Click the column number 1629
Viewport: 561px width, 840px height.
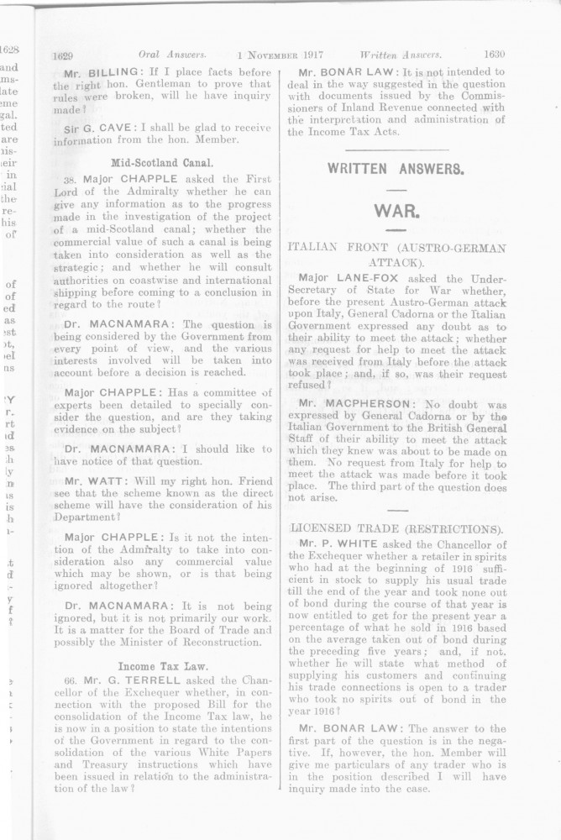coord(65,55)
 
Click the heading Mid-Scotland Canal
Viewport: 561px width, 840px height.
coord(162,161)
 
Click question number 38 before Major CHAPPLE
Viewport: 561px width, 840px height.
coord(70,179)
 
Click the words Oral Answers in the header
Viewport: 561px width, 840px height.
coord(176,55)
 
